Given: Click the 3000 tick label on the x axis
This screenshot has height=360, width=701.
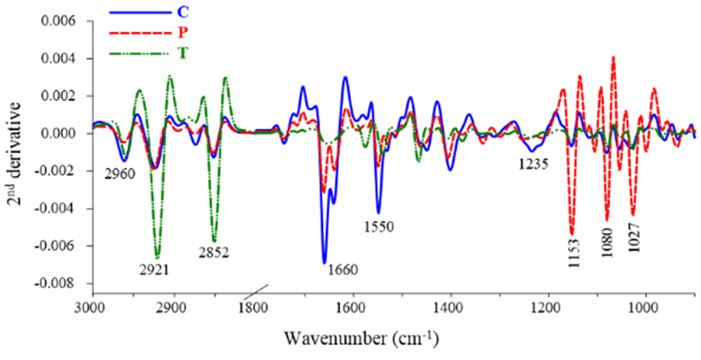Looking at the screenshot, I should tap(89, 308).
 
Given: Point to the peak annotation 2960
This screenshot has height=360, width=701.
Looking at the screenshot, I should tap(119, 173).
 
